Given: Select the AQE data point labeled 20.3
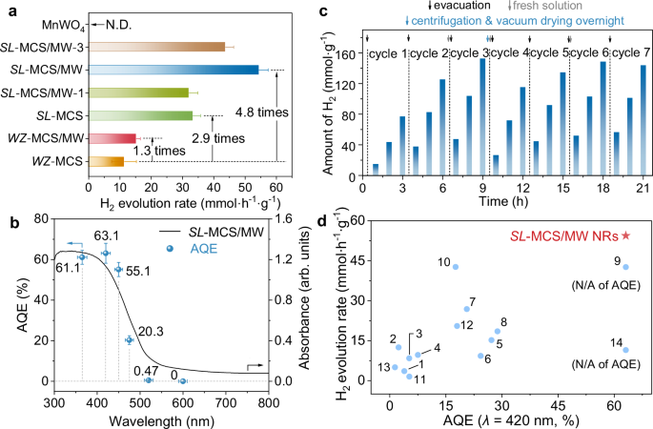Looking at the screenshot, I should coord(131,339).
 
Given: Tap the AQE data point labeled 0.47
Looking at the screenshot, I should coord(148,379).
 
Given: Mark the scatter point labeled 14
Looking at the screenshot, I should coord(625,350).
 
